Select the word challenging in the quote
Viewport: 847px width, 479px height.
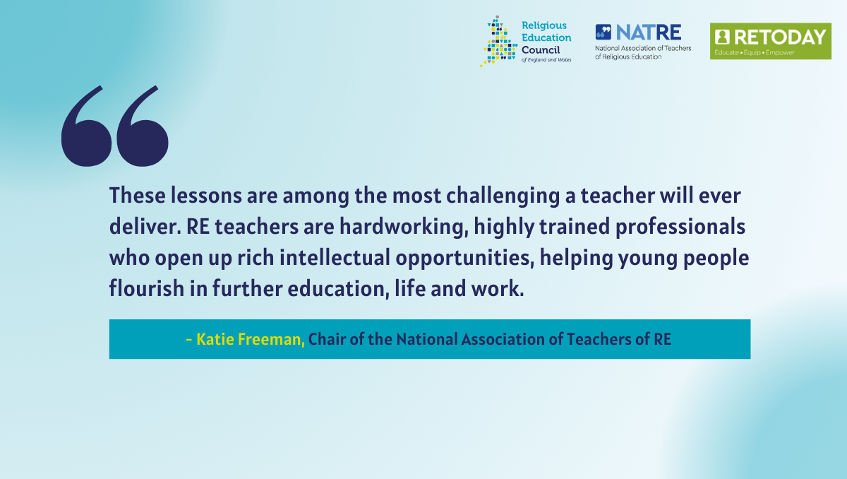(x=503, y=196)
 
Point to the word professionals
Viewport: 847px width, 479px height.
(x=680, y=227)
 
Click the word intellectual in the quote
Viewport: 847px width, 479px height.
(x=335, y=258)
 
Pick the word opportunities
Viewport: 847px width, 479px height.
(x=464, y=259)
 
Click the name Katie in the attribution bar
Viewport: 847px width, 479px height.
(x=215, y=339)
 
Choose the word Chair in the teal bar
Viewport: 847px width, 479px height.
(x=327, y=339)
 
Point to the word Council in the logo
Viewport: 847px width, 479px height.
(x=541, y=50)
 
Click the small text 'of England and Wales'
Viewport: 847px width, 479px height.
(x=546, y=60)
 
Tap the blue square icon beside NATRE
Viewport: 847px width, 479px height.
(x=603, y=32)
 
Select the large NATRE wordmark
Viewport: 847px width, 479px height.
(x=649, y=32)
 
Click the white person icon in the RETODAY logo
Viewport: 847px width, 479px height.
(x=722, y=37)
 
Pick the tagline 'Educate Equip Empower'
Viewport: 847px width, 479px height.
(x=755, y=52)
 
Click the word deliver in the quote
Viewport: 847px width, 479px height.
(x=145, y=227)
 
